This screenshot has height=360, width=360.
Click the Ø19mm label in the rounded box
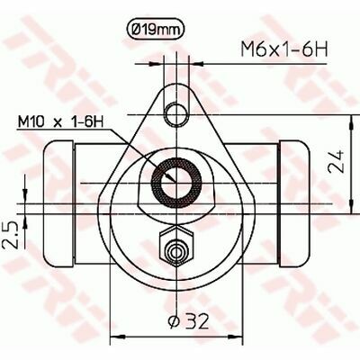(154, 30)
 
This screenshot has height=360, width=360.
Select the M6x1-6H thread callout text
(284, 49)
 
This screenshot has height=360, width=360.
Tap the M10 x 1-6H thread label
(60, 122)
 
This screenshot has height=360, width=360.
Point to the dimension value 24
(336, 161)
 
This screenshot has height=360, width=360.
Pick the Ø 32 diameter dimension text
(187, 321)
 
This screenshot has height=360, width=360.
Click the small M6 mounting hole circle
(176, 115)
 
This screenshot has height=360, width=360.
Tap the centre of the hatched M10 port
(176, 183)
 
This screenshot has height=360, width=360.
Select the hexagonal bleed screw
(176, 246)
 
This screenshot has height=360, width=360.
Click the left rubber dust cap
(58, 203)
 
